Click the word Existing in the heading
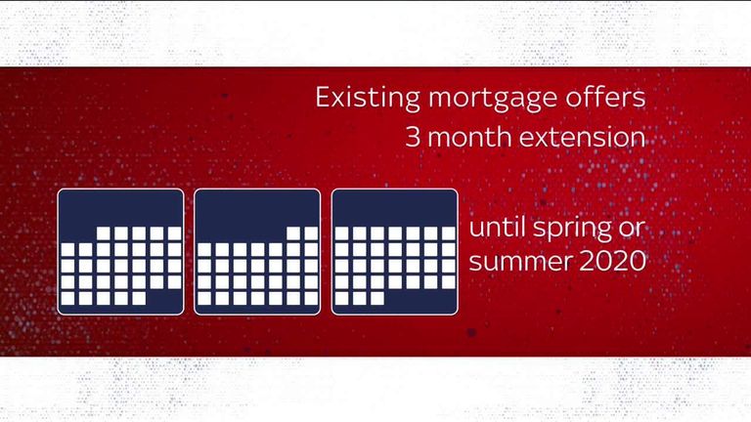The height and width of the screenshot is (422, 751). (x=368, y=98)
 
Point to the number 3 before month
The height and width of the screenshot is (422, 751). (x=413, y=137)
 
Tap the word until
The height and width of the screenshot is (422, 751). (x=497, y=227)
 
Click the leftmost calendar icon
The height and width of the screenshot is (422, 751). (x=120, y=252)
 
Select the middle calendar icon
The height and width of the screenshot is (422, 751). (x=257, y=252)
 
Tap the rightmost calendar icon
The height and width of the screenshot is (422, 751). (x=394, y=252)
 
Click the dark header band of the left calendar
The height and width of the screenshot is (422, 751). (x=120, y=207)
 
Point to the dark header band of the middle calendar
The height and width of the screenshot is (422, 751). (x=257, y=207)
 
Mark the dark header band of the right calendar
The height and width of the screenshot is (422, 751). (x=394, y=207)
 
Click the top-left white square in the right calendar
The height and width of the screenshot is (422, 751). (x=341, y=233)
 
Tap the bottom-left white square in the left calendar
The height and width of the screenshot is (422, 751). (x=67, y=299)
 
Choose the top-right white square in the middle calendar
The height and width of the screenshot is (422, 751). (x=311, y=233)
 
